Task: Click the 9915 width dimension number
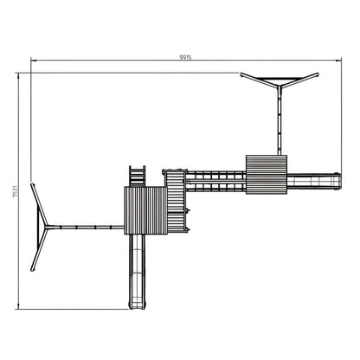pos(184,56)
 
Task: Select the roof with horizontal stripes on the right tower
pos(266,174)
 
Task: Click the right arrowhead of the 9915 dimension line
pos(343,61)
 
